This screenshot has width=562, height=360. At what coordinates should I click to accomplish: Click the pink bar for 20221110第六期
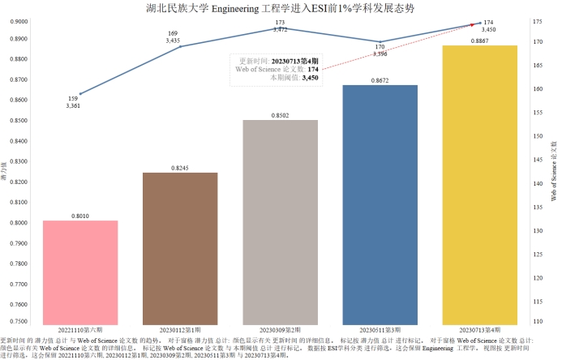pos(80,272)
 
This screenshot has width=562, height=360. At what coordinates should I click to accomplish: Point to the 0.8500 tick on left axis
pos(18,121)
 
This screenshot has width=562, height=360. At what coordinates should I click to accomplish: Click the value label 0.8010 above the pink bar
pos(80,216)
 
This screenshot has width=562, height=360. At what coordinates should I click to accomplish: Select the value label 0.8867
pos(480,41)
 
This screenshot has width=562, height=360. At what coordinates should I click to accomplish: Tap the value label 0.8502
pos(281,115)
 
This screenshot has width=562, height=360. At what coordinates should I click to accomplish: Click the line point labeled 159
pos(80,94)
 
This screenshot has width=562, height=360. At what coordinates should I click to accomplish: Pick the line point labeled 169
pos(180,46)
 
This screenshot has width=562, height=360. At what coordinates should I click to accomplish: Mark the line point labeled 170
pos(380,41)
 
